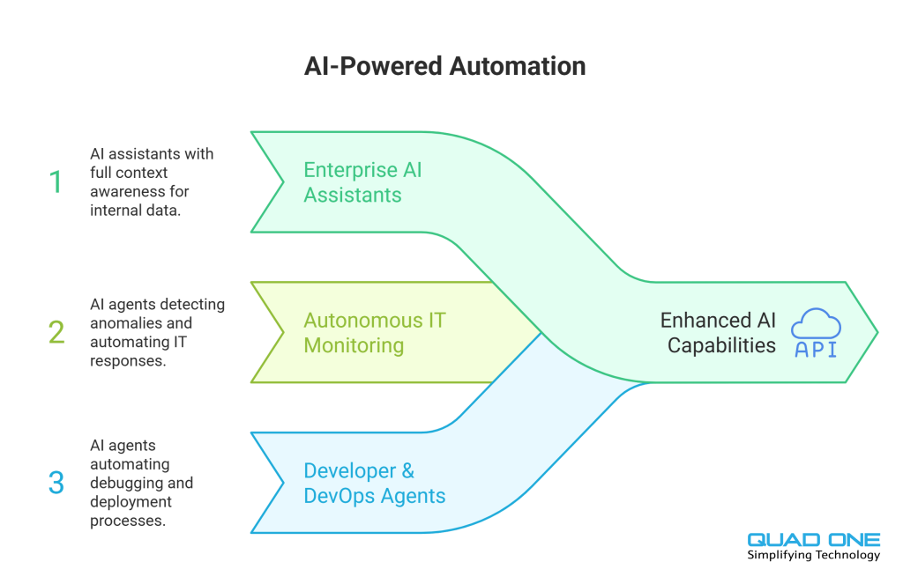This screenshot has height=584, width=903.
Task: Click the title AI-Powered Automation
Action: [444, 66]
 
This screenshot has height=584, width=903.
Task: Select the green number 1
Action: [56, 182]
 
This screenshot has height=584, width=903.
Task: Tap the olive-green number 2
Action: [56, 333]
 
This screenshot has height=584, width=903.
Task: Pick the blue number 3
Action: [56, 483]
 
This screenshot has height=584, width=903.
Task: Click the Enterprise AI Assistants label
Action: [362, 181]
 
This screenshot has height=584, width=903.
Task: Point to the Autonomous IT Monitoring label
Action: [375, 332]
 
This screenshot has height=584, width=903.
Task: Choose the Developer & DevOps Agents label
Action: [375, 483]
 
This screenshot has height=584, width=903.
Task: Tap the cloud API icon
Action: [816, 332]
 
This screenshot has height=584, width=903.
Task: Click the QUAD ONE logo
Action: [813, 540]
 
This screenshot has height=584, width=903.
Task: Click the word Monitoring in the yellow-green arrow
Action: [354, 345]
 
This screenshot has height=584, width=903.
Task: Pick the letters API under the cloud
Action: [816, 349]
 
